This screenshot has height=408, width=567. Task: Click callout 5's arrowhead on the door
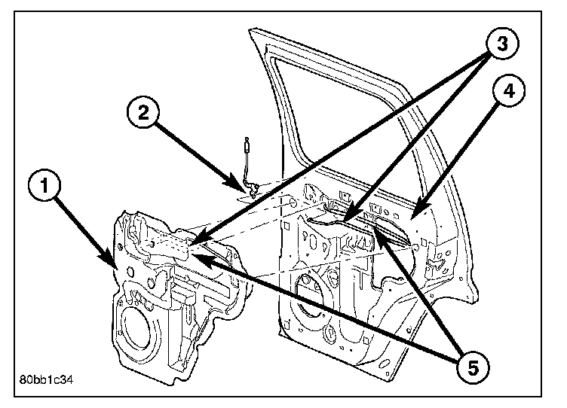(377, 233)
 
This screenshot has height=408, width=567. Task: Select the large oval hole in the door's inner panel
(310, 294)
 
